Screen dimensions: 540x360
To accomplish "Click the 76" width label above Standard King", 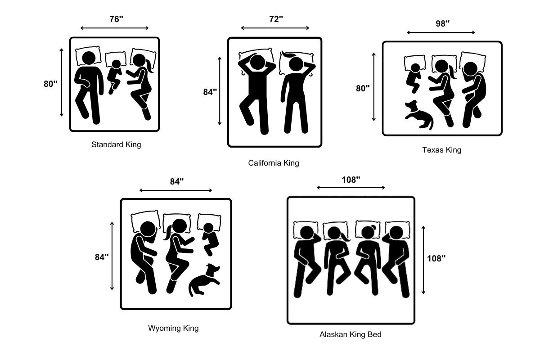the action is [x=116, y=19].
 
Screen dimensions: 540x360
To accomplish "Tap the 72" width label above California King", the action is [x=276, y=19].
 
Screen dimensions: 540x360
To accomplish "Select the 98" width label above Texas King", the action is [x=443, y=24].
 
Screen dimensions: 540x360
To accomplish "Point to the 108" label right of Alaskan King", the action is [x=436, y=258].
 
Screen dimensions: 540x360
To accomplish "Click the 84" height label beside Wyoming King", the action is [x=102, y=257].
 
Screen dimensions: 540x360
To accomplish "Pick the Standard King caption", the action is [x=116, y=144].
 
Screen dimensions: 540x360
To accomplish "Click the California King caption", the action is [x=274, y=163].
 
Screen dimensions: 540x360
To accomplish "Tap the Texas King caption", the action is [x=441, y=150].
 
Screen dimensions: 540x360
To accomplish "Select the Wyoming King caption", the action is [x=173, y=328].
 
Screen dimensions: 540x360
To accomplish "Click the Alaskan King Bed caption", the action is [x=351, y=334].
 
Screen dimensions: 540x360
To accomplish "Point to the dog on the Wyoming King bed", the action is [x=204, y=280].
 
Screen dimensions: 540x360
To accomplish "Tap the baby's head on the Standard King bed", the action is [x=116, y=64].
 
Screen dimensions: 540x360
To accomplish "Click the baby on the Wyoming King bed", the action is [x=210, y=239].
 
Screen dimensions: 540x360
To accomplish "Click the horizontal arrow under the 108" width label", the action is [x=351, y=188].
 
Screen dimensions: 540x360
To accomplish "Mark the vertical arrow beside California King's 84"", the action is [x=220, y=91].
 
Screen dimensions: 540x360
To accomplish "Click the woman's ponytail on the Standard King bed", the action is [x=150, y=66].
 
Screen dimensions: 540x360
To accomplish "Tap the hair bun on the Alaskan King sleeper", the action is [x=373, y=227].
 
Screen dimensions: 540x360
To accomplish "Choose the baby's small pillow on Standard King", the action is [x=116, y=59].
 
